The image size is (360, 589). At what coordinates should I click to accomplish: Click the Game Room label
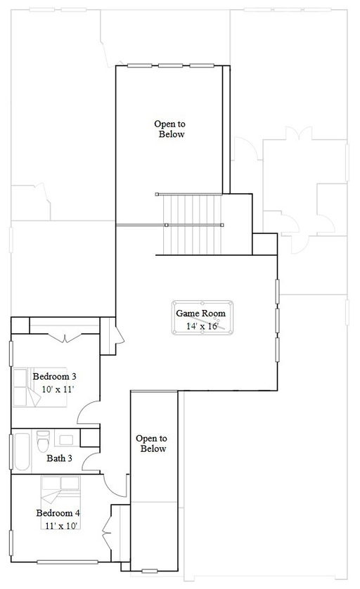[200, 313]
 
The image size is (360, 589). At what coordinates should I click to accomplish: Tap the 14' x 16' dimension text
[202, 326]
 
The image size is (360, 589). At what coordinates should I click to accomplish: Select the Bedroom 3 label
[54, 377]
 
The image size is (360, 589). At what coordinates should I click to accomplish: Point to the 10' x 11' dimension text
[58, 389]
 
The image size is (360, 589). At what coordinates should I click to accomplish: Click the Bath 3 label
[59, 458]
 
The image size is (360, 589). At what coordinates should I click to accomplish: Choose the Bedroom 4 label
[58, 513]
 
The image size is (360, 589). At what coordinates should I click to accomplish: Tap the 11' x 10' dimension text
[61, 526]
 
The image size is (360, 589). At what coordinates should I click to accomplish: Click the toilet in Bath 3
[43, 441]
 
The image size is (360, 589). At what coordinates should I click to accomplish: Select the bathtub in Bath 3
[22, 452]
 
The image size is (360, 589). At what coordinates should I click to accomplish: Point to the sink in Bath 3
[67, 439]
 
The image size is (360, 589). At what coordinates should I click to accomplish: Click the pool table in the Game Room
[202, 318]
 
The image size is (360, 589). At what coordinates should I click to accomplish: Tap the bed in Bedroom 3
[39, 387]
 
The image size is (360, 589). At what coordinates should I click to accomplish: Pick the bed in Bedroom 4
[60, 503]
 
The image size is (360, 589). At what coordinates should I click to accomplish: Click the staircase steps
[192, 224]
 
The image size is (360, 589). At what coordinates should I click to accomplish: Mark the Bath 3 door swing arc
[89, 460]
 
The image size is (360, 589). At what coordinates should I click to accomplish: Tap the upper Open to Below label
[170, 129]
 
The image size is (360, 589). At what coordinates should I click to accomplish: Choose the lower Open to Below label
[152, 444]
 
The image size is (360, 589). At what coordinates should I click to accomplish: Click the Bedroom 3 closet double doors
[65, 337]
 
